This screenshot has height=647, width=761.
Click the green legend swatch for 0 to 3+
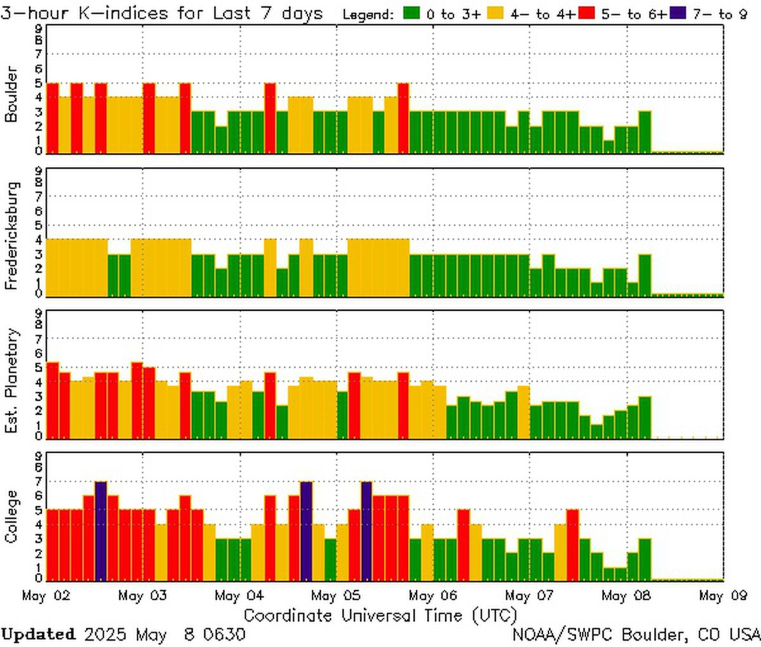point(412,13)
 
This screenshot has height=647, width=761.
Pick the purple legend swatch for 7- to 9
point(676,13)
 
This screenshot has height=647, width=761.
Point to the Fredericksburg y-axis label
point(11,236)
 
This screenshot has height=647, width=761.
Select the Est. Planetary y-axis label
point(11,381)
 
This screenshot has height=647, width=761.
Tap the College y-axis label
point(11,517)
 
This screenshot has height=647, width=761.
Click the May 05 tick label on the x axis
point(337,596)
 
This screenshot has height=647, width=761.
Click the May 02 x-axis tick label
point(46,596)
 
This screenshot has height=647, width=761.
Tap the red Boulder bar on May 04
point(270,118)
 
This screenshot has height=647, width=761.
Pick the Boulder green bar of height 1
point(609,147)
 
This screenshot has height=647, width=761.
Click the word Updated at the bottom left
point(38,634)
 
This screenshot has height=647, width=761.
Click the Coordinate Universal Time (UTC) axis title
point(380,615)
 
